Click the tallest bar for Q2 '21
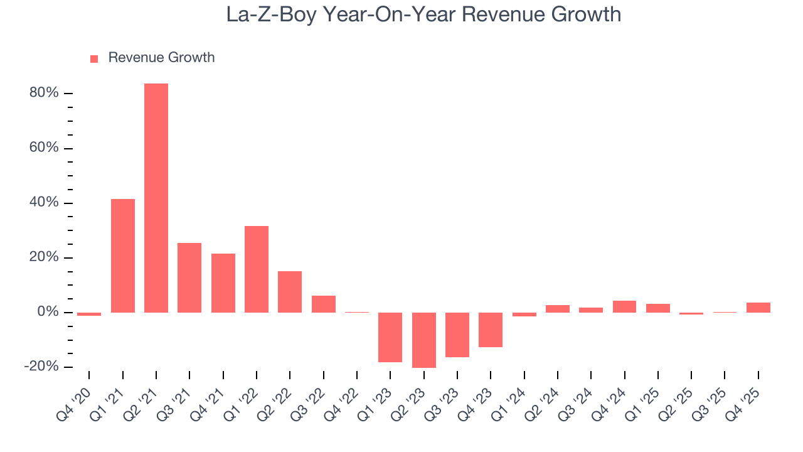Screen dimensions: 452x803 [x=156, y=198]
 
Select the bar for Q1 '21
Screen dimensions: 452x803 [x=123, y=256]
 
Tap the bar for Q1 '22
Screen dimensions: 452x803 [x=257, y=269]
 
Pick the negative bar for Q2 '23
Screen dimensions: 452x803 [x=424, y=340]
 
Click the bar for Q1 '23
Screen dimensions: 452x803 [x=390, y=337]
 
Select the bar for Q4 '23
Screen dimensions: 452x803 [x=491, y=330]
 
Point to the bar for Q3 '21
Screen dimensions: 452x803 [x=189, y=277]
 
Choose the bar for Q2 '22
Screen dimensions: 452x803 [x=290, y=291]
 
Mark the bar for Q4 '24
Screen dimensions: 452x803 [x=624, y=306]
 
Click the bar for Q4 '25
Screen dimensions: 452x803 [x=758, y=308]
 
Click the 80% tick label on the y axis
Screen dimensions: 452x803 [x=44, y=93]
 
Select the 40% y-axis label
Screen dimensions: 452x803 [x=44, y=203]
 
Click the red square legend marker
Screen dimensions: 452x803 [x=94, y=58]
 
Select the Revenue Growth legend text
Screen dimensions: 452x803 [x=161, y=58]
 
